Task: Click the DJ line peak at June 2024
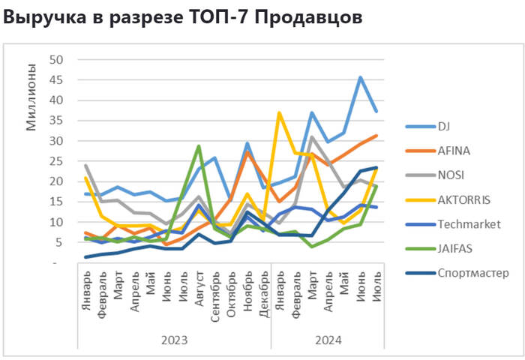point(361,77)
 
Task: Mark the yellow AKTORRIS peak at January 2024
point(280,113)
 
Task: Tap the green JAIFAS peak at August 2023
point(199,146)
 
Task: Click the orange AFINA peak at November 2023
point(247,152)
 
